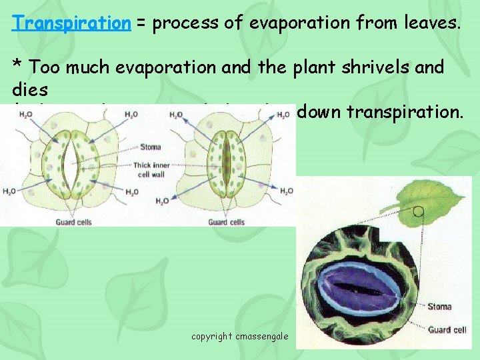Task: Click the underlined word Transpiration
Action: click(x=71, y=24)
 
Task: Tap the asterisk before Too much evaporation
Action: click(x=18, y=67)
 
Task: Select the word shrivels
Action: click(x=376, y=67)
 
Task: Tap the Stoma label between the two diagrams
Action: click(x=151, y=147)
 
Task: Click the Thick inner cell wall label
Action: click(x=150, y=171)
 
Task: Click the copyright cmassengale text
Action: click(x=240, y=336)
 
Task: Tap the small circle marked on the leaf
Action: click(x=419, y=212)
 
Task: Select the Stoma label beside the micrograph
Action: click(x=439, y=307)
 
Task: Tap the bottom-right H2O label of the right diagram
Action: click(x=286, y=192)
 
